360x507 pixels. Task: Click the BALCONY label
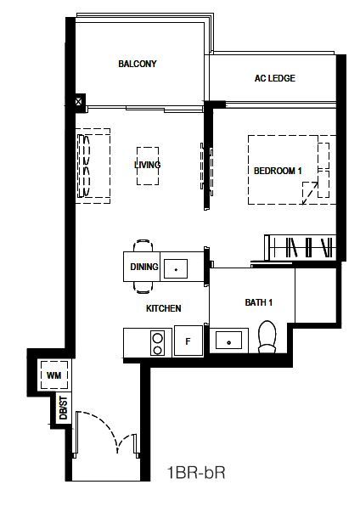point(138,64)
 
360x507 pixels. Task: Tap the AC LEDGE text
point(275,78)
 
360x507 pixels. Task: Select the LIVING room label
point(148,165)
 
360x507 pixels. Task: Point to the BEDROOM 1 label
point(278,171)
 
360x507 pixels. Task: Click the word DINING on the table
point(144,267)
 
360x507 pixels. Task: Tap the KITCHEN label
point(164,308)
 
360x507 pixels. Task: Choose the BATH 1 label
point(258,302)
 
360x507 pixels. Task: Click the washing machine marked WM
point(54,375)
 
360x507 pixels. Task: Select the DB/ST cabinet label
point(64,408)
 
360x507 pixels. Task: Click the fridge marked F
point(188,341)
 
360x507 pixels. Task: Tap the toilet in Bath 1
point(267,337)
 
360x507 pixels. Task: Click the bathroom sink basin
point(228,341)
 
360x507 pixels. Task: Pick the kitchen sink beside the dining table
point(176,268)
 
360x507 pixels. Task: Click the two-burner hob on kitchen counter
point(157,344)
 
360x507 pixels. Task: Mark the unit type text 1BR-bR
point(196,473)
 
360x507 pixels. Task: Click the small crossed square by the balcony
point(78,102)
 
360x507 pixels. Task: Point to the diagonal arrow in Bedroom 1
point(310,193)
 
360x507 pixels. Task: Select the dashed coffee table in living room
point(148,166)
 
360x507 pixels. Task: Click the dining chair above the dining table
point(143,245)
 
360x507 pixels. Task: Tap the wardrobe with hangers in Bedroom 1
point(301,247)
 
